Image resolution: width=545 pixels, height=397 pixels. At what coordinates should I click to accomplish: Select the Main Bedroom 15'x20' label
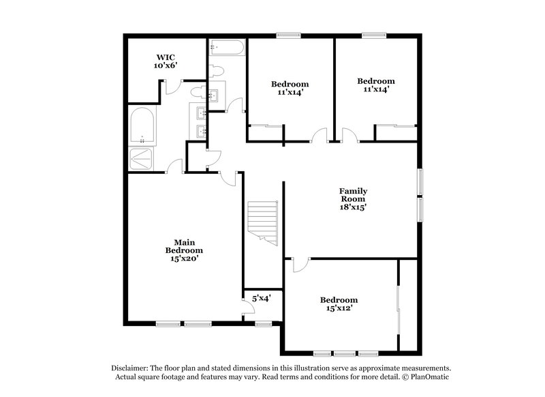[184, 250]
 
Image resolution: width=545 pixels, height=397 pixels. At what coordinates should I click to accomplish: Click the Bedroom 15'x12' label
[339, 304]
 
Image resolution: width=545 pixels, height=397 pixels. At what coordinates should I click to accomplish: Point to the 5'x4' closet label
[262, 298]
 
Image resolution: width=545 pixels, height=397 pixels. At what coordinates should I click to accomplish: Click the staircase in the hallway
[262, 222]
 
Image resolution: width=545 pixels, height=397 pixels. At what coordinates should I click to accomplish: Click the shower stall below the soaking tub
[142, 159]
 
